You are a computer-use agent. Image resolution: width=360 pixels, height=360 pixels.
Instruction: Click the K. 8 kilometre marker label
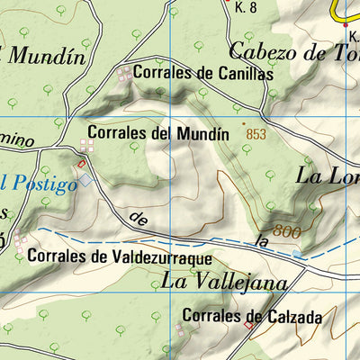pos(246,7)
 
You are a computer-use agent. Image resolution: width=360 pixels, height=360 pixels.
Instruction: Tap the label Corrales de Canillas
pos(202,73)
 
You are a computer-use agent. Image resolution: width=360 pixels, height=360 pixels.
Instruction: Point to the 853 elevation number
pos(257,133)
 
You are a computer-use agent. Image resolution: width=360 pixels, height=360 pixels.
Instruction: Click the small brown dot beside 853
pos(242,123)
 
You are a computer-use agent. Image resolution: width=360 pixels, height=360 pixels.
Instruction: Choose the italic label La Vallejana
pos(224,282)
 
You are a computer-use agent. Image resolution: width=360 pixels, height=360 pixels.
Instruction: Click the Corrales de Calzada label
pos(252,317)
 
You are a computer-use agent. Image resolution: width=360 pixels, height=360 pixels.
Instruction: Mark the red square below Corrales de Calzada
pos(249,327)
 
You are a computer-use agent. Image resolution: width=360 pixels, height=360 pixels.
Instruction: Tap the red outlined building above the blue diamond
pos(82,164)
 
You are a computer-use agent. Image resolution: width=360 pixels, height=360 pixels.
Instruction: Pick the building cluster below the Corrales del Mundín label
pos(87,146)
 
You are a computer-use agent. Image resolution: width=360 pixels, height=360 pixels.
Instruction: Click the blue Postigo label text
pos(40,184)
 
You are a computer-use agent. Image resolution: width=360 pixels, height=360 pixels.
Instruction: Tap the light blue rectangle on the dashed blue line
pos(298,255)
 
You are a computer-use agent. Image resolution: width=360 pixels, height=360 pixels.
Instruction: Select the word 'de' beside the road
pos(138,218)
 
